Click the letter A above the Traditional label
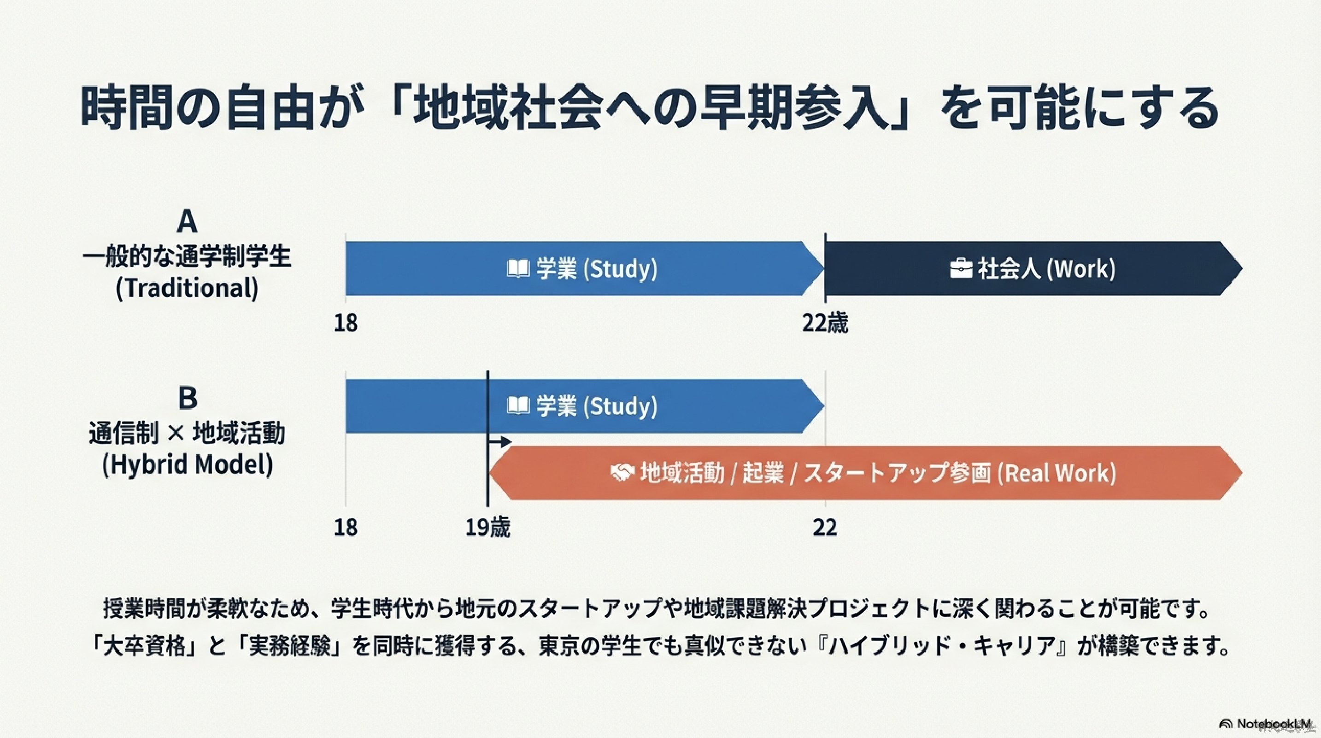point(187,222)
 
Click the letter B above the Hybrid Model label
point(187,398)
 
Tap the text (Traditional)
point(187,288)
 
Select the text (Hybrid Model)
point(187,465)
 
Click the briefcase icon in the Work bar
point(961,269)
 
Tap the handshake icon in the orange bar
point(622,473)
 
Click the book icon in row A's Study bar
point(517,268)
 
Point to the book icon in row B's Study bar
point(517,406)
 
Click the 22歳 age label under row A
point(825,323)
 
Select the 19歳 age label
point(487,528)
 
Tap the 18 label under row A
point(346,323)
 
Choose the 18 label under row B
point(346,528)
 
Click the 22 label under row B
point(825,528)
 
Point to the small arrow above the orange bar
point(500,442)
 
